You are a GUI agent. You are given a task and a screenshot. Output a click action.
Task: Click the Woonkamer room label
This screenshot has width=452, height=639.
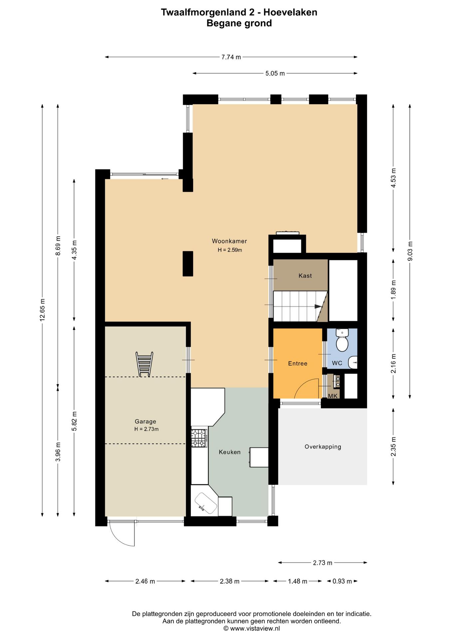point(229,241)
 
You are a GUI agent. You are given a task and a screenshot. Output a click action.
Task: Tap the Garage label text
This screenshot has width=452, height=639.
point(145,421)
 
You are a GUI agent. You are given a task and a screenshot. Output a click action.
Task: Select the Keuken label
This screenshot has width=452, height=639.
point(230,452)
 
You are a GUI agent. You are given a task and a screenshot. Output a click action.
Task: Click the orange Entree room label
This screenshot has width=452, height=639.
point(298,363)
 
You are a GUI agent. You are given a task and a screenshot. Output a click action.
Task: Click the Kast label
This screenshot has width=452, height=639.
point(305,276)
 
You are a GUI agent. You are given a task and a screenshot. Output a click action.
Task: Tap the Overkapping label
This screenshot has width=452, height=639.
point(323,447)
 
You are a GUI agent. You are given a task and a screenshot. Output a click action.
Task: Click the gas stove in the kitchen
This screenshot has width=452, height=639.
point(199,438)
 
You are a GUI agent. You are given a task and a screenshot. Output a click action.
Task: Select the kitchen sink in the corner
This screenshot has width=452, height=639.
point(206,503)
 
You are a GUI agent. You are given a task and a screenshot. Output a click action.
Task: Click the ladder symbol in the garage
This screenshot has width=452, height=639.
point(144,364)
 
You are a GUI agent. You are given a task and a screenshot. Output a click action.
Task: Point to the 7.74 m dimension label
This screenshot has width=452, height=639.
point(231,57)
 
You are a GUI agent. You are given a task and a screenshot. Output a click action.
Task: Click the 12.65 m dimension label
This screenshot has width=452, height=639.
point(42,310)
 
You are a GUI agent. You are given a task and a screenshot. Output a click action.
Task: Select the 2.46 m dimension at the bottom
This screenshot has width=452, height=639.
point(145,581)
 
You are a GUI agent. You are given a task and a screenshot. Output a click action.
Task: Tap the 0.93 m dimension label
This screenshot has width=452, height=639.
point(342,581)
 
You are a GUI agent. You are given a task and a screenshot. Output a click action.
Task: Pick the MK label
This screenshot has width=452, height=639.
point(333,396)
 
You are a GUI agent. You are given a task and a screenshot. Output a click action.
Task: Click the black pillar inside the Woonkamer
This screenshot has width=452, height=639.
point(188,264)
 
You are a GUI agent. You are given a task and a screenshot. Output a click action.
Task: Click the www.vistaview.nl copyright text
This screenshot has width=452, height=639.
point(252,628)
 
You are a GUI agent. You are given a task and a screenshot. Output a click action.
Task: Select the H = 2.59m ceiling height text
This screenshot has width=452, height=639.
point(230,250)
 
